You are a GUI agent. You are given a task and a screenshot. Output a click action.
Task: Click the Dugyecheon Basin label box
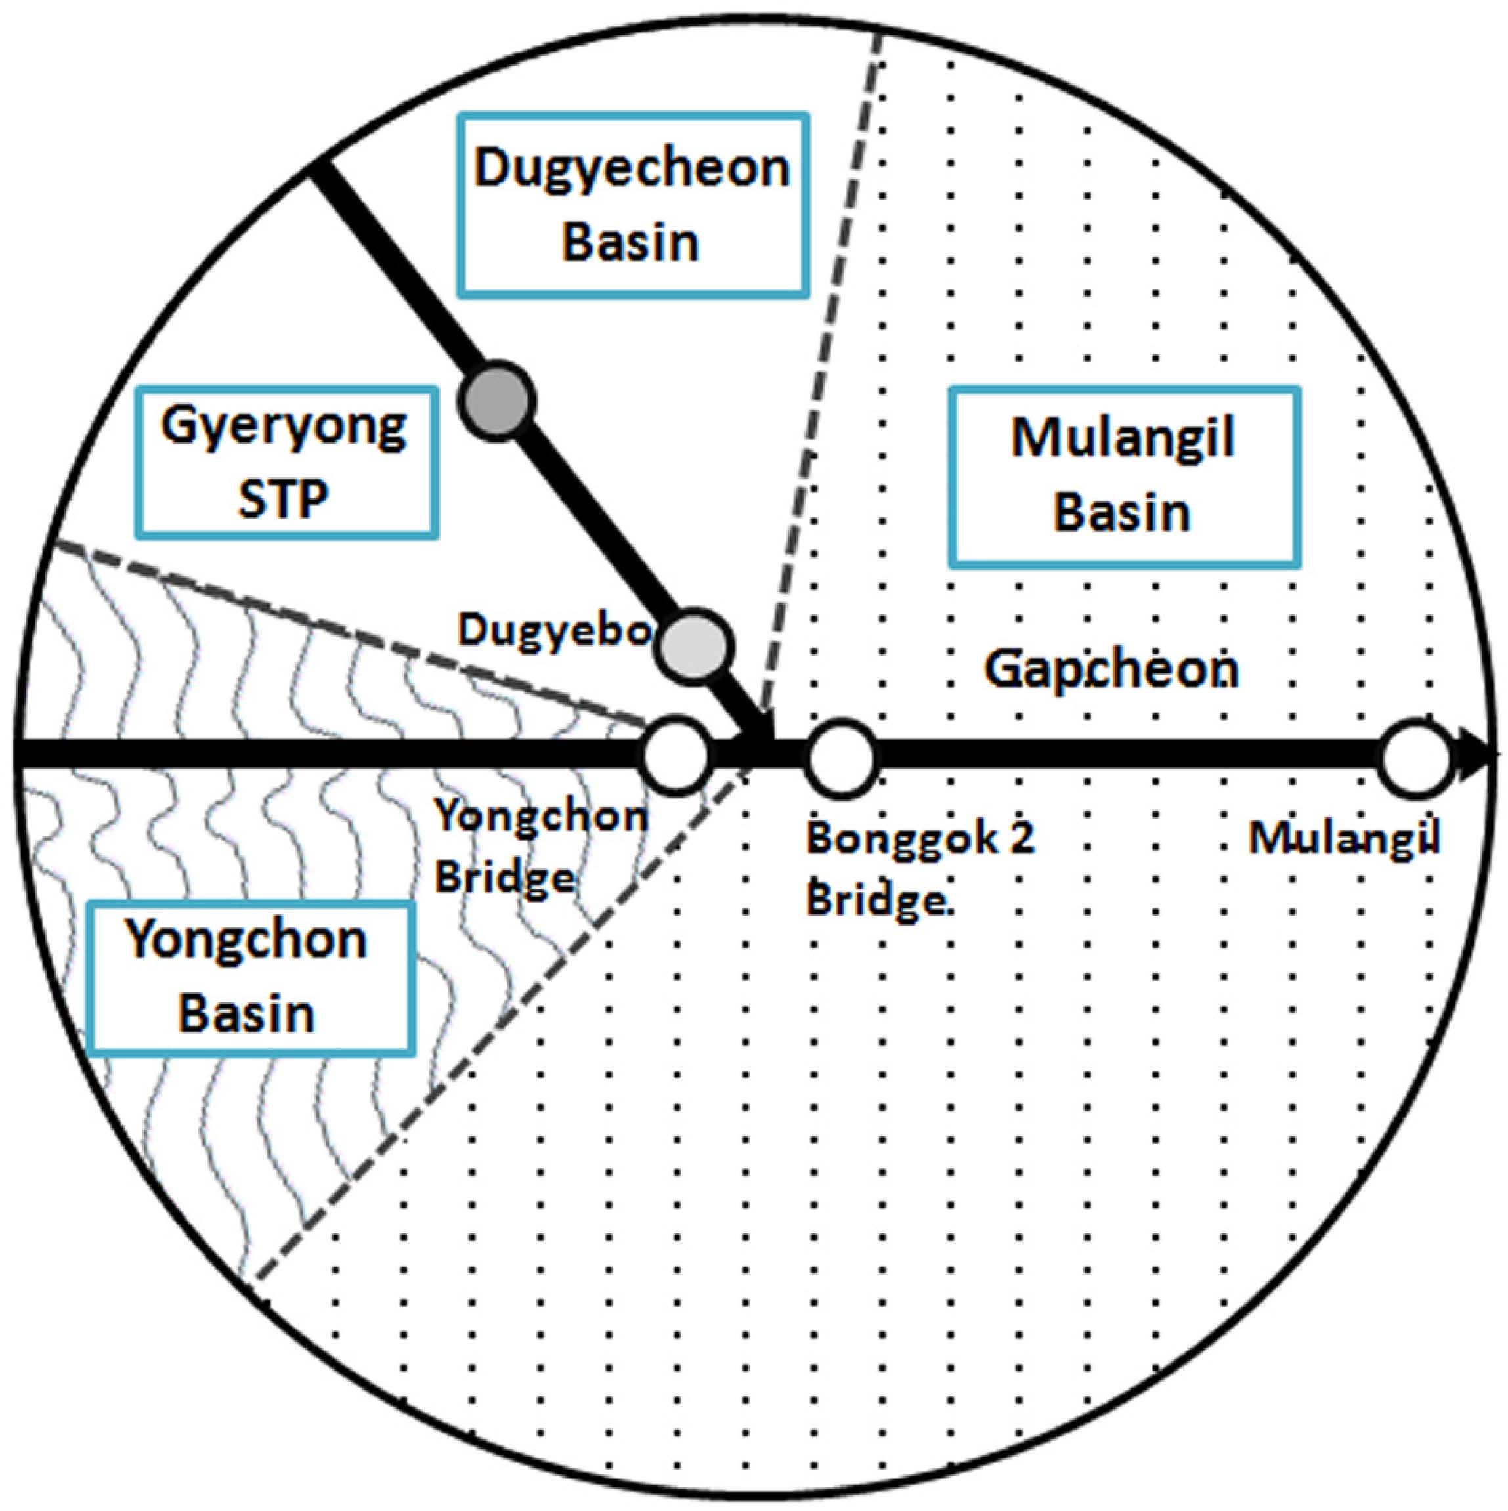pyautogui.click(x=632, y=205)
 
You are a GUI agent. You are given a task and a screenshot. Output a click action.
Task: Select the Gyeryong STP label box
pyautogui.click(x=286, y=462)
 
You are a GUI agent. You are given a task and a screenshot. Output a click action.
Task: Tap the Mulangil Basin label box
pyautogui.click(x=1124, y=475)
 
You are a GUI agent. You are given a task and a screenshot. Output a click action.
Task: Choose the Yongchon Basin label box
pyautogui.click(x=250, y=977)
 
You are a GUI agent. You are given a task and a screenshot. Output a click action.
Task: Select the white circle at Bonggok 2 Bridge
pyautogui.click(x=842, y=756)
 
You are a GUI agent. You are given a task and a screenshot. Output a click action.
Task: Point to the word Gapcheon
pyautogui.click(x=1111, y=670)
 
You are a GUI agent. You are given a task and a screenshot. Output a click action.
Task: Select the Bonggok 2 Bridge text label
pyautogui.click(x=920, y=868)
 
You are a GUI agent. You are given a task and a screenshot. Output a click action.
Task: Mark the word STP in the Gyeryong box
pyautogui.click(x=283, y=499)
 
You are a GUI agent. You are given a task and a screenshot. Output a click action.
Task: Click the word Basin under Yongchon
pyautogui.click(x=247, y=1013)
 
